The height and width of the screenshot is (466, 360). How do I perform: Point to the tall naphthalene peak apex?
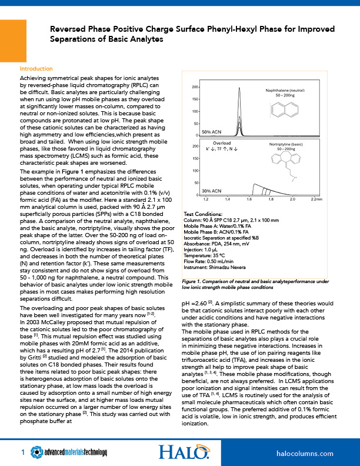pos(240,88)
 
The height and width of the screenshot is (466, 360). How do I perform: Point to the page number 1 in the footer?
pos(22,452)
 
